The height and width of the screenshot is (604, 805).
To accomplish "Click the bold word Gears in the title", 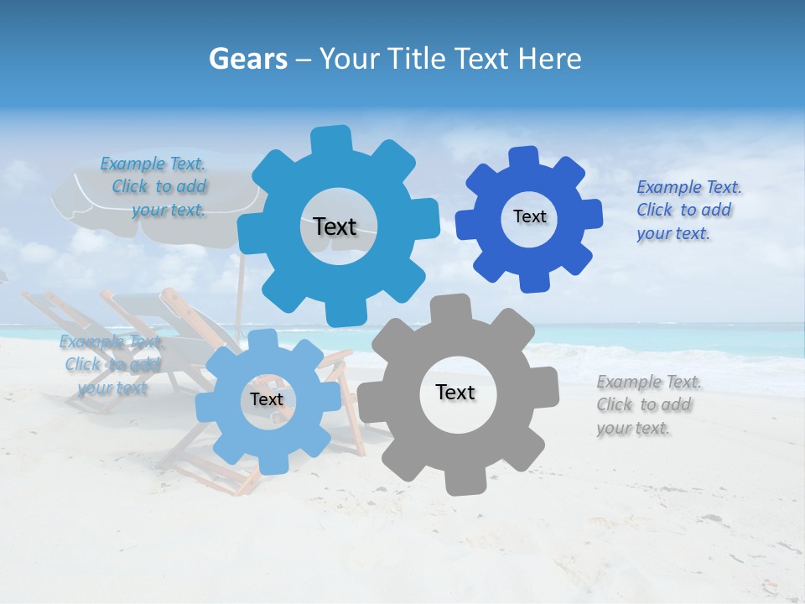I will pos(247,59).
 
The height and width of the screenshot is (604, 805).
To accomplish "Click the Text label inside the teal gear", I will pos(335,226).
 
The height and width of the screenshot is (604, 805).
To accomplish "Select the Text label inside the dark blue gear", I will pos(529,216).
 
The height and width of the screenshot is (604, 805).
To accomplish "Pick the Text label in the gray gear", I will pos(455,392).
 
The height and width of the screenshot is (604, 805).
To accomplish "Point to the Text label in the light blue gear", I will pos(267,399).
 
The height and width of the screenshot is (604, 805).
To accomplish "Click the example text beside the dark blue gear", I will pos(688,210).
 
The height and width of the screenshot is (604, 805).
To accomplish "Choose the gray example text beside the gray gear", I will pos(648,405).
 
